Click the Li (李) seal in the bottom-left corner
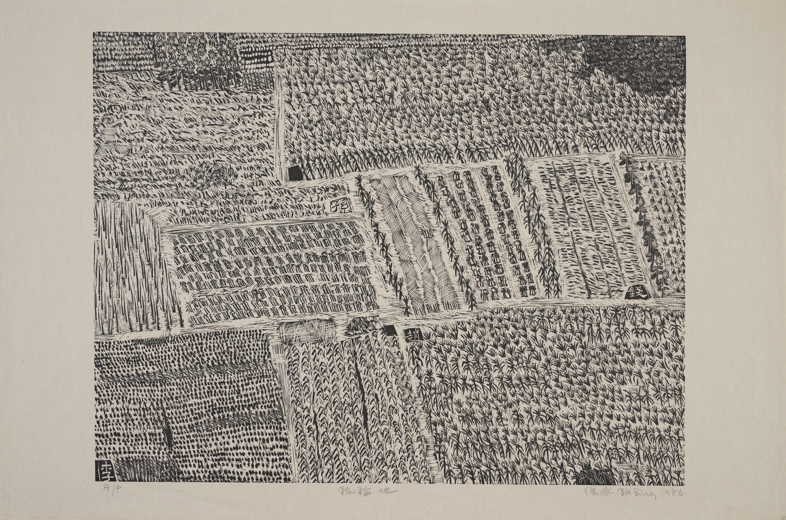[x=105, y=470]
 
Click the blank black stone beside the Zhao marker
[x=390, y=330]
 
